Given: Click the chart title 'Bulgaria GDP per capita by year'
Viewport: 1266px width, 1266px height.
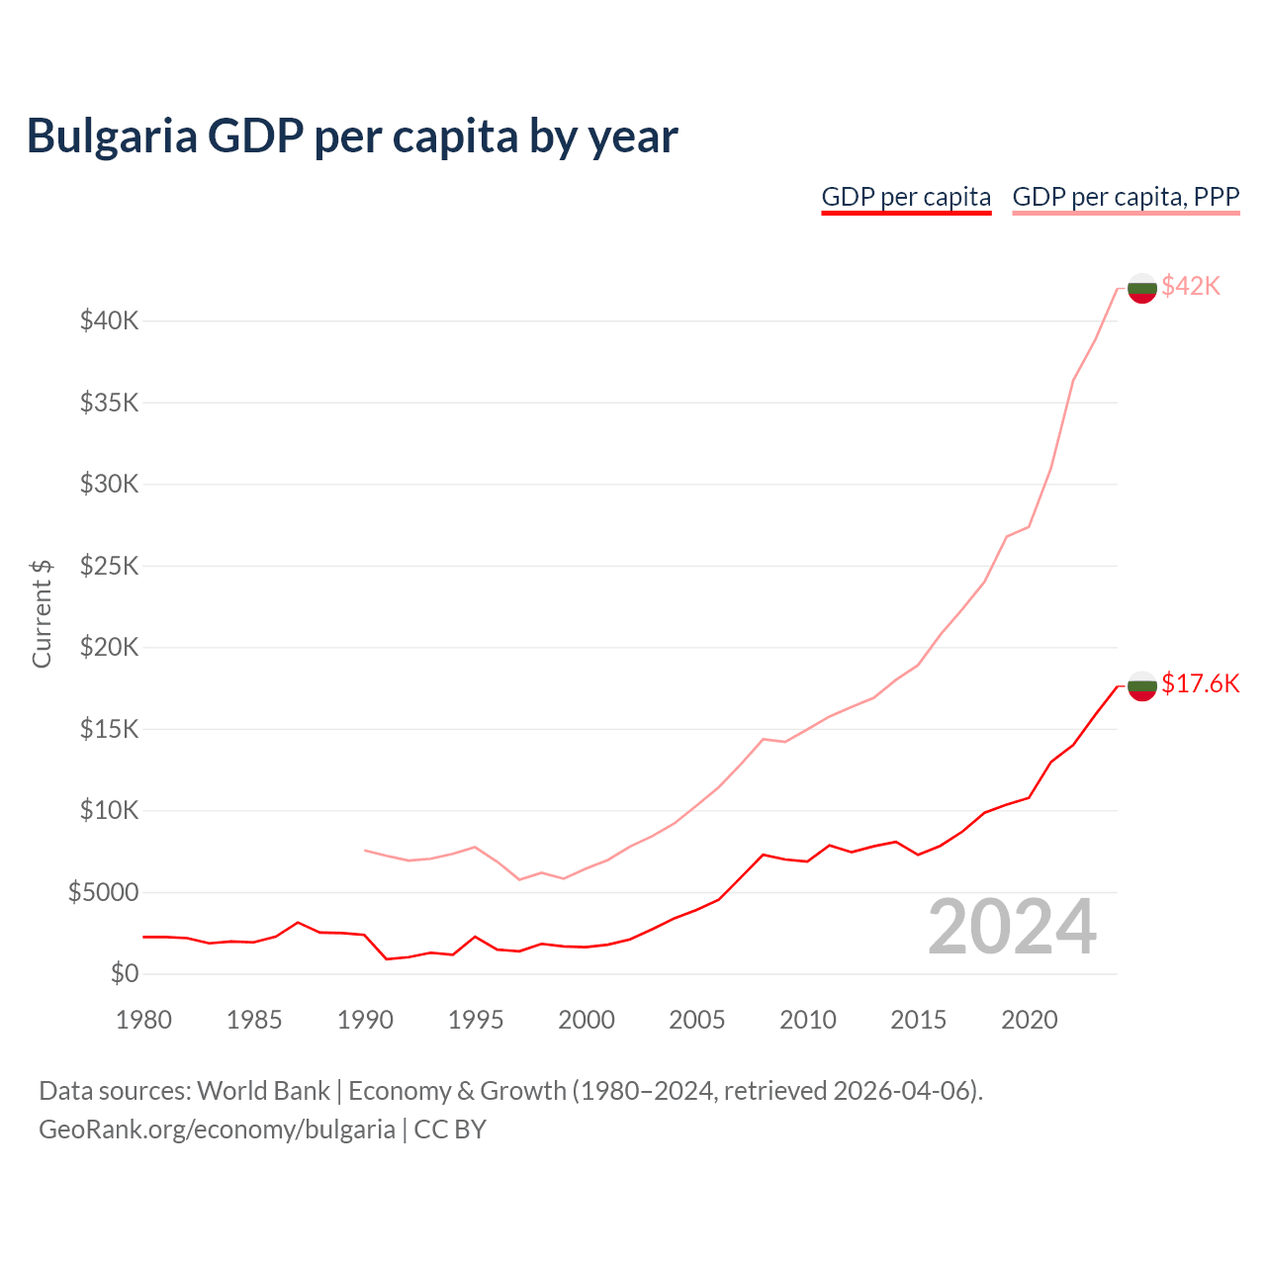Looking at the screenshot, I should pyautogui.click(x=352, y=136).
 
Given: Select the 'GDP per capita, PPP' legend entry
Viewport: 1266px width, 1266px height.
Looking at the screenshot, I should pyautogui.click(x=1126, y=197).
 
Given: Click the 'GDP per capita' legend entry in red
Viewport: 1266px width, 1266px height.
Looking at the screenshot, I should pyautogui.click(x=906, y=197).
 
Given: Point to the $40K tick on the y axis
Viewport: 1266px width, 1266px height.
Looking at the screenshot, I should pyautogui.click(x=110, y=321).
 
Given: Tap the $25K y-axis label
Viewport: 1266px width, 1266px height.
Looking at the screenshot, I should pyautogui.click(x=110, y=567).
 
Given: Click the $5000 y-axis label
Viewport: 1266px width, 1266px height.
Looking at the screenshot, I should pyautogui.click(x=104, y=893).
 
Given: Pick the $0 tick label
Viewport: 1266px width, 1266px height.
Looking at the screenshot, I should pyautogui.click(x=125, y=974).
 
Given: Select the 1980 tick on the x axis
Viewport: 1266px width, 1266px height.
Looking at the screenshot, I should pyautogui.click(x=143, y=1020).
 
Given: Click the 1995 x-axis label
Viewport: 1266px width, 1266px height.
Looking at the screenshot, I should pyautogui.click(x=476, y=1020).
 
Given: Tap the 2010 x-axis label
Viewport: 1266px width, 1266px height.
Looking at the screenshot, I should pyautogui.click(x=808, y=1020).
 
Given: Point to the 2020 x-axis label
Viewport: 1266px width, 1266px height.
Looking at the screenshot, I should pyautogui.click(x=1030, y=1020).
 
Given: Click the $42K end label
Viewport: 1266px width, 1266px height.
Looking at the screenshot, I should pyautogui.click(x=1191, y=287).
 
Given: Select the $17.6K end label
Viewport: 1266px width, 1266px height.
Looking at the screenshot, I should pyautogui.click(x=1200, y=684).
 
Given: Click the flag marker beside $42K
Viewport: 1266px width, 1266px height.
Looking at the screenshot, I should pyautogui.click(x=1142, y=288).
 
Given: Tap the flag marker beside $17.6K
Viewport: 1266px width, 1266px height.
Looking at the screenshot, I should pyautogui.click(x=1142, y=685).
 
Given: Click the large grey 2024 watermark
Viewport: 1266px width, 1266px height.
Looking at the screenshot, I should pyautogui.click(x=1012, y=927).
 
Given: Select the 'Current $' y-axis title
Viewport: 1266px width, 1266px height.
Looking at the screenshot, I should pyautogui.click(x=42, y=613).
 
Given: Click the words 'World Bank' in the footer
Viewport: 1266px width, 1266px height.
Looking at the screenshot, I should pyautogui.click(x=263, y=1091).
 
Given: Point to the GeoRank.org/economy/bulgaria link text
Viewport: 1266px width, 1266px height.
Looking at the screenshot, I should pyautogui.click(x=217, y=1130).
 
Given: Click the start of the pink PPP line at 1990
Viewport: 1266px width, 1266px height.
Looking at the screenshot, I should pyautogui.click(x=366, y=851).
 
